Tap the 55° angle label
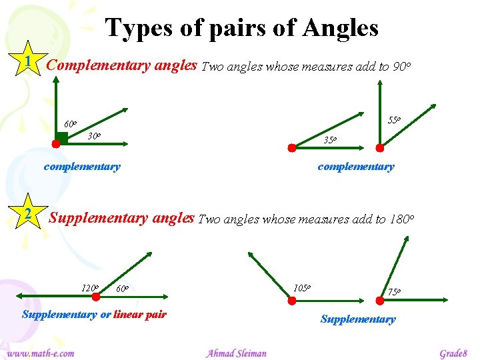(394, 121)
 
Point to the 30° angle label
(95, 136)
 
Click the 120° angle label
(89, 288)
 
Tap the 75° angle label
(395, 291)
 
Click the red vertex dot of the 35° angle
(291, 148)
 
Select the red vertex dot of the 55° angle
(380, 148)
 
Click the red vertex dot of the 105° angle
(291, 301)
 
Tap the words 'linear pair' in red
(140, 315)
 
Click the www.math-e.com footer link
(41, 353)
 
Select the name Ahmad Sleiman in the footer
(236, 353)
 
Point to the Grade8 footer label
(455, 353)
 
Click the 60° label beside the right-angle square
(70, 125)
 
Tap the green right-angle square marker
(62, 138)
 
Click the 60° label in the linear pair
(122, 289)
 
